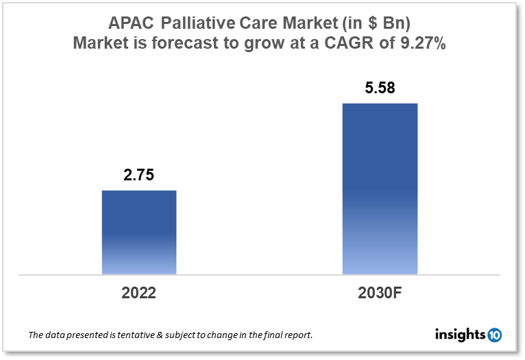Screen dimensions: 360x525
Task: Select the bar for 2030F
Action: point(380,189)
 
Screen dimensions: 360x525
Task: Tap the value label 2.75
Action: point(139,176)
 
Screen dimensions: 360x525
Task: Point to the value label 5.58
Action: point(380,88)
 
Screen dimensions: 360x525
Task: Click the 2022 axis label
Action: point(139,293)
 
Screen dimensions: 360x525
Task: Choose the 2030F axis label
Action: point(380,293)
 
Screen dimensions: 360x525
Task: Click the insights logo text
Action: point(460,335)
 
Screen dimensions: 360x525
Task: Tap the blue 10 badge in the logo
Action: point(494,335)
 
